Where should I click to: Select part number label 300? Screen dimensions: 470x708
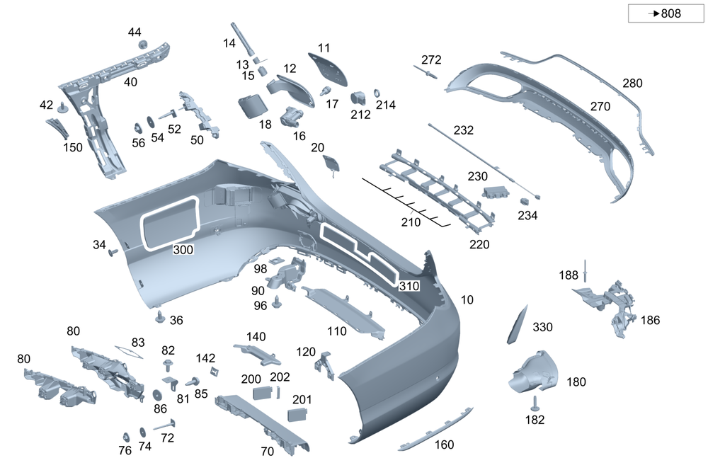183,249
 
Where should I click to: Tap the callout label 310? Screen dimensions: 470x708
409,286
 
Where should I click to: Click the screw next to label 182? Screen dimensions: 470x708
535,404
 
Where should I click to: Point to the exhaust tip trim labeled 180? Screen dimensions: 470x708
533,372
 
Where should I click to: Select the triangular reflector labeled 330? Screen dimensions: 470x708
518,324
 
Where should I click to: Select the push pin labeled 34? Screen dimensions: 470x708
112,252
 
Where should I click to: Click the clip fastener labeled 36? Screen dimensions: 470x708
160,316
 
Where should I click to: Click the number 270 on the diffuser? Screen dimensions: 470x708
600,107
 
